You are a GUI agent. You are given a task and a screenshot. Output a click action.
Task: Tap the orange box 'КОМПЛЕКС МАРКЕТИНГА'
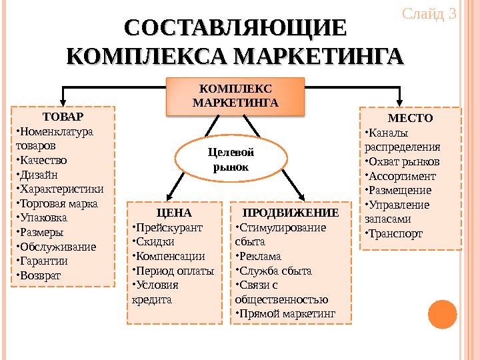(235, 96)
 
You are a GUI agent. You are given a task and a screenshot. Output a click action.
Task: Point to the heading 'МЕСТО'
(410, 118)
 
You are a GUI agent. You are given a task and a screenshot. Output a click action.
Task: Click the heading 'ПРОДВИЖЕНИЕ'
(291, 213)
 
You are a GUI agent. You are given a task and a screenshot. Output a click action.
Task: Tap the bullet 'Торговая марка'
(57, 203)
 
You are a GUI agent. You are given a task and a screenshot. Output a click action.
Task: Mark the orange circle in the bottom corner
(441, 315)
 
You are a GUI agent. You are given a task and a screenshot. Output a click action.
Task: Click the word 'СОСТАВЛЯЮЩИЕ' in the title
(236, 29)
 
